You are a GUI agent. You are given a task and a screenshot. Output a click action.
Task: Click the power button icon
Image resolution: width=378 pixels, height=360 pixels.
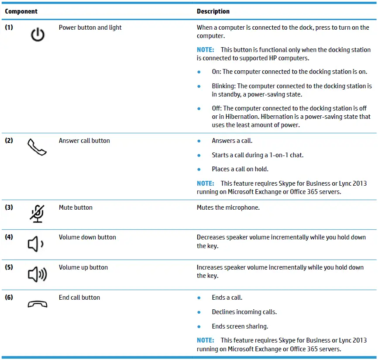click(x=38, y=35)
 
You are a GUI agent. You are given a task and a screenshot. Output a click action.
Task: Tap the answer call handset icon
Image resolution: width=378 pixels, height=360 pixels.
click(x=37, y=148)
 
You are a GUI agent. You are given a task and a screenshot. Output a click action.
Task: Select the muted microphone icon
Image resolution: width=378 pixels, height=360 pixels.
click(x=37, y=214)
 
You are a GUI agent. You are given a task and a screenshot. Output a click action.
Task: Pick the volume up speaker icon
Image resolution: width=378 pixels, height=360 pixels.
click(x=37, y=275)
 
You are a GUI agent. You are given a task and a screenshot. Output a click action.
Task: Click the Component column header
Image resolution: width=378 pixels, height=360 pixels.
click(x=21, y=11)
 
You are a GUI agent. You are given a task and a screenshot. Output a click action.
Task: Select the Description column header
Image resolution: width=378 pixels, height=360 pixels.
click(x=213, y=11)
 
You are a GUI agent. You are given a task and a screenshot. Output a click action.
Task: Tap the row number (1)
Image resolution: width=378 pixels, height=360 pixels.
click(x=9, y=28)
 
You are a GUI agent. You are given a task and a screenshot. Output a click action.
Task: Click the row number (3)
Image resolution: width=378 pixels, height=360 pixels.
click(x=9, y=208)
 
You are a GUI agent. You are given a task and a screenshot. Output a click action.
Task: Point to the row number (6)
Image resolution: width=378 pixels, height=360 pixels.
click(x=9, y=298)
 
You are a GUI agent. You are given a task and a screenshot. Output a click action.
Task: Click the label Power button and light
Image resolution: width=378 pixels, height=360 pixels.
click(x=90, y=28)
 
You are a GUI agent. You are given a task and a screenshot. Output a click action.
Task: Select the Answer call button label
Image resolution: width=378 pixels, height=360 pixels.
click(x=84, y=141)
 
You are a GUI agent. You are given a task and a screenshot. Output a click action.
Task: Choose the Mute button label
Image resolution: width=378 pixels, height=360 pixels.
click(x=76, y=208)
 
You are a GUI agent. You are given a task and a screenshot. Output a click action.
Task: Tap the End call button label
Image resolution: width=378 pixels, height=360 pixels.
click(x=79, y=298)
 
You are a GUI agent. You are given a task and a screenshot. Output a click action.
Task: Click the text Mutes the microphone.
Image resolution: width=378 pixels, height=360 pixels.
click(x=228, y=208)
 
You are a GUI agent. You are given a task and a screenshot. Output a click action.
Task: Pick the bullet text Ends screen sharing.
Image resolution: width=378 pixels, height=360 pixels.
click(x=240, y=326)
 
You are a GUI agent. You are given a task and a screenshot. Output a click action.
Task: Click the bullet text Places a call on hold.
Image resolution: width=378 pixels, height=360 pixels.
click(x=240, y=169)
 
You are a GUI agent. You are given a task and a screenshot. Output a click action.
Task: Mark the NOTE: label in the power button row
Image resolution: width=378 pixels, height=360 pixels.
click(x=205, y=50)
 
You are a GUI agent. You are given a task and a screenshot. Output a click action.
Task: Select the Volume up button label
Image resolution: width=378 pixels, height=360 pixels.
click(x=83, y=267)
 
